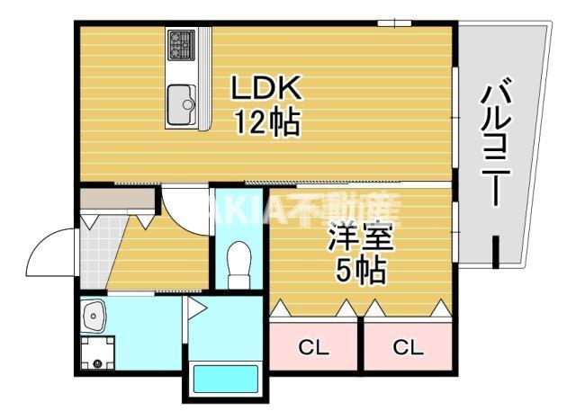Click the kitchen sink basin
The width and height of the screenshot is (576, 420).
pos(183,102)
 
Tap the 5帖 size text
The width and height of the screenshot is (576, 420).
pos(358,269)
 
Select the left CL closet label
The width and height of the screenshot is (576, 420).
pos(313,346)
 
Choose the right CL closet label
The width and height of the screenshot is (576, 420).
pos(407,346)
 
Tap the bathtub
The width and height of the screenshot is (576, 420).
pos(221,379)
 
